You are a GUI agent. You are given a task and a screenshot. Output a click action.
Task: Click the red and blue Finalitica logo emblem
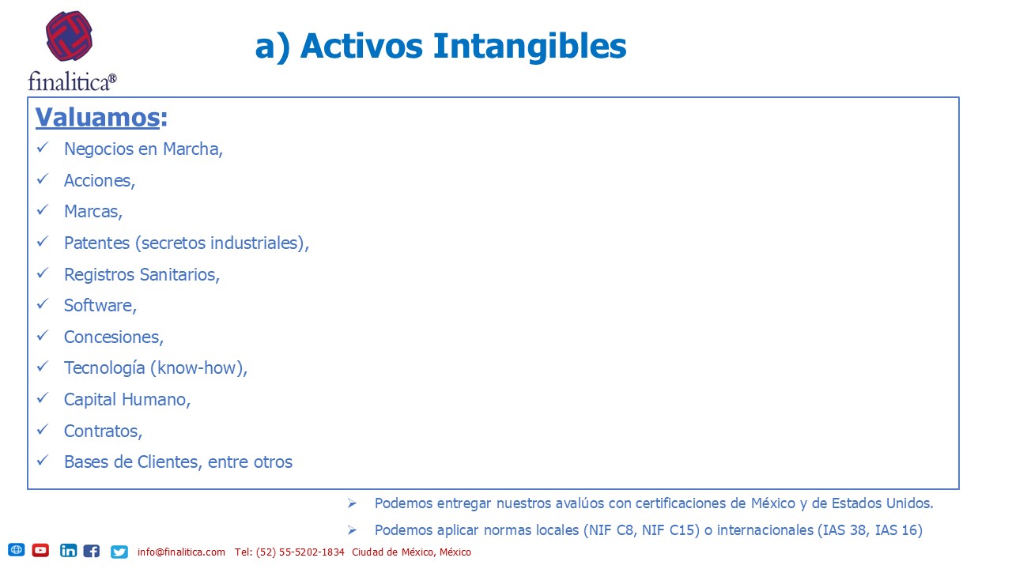(69, 36)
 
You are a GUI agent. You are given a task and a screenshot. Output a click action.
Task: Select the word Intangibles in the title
(530, 46)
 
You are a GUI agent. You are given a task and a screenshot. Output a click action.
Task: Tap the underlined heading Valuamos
(97, 118)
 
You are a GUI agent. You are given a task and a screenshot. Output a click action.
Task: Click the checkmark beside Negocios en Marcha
(43, 148)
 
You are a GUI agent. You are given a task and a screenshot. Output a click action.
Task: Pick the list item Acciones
(100, 181)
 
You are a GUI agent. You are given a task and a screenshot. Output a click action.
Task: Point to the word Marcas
(93, 211)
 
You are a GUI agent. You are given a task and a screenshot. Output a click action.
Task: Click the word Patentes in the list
(96, 243)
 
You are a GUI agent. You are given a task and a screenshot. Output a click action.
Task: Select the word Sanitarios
(179, 274)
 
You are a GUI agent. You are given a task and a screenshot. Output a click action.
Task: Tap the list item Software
(100, 305)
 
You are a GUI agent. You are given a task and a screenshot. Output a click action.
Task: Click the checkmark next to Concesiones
(43, 336)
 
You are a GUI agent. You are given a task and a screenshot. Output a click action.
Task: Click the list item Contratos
(103, 431)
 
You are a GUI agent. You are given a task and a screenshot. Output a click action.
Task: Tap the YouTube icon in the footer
(40, 551)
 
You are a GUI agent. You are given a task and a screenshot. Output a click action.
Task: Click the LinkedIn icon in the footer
(68, 551)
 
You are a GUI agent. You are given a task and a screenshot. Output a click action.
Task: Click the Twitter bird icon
(119, 552)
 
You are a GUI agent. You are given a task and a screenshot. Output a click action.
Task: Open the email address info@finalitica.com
(181, 552)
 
